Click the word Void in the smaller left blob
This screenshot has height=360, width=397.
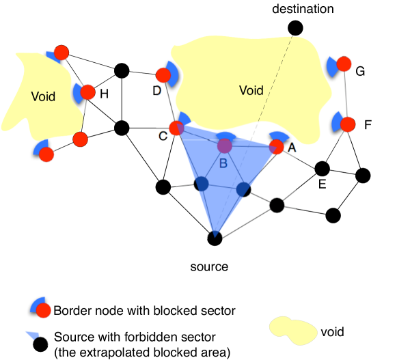pyautogui.click(x=43, y=97)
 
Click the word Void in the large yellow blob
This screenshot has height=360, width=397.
pyautogui.click(x=251, y=90)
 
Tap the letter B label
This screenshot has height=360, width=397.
pyautogui.click(x=223, y=163)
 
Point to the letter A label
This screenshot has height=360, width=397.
pyautogui.click(x=291, y=147)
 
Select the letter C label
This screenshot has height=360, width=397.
pyautogui.click(x=163, y=135)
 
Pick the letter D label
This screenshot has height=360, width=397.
pyautogui.click(x=158, y=90)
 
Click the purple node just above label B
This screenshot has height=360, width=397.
pyautogui.click(x=224, y=146)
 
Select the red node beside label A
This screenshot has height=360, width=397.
pyautogui.click(x=276, y=146)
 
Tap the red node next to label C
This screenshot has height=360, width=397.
pyautogui.click(x=176, y=128)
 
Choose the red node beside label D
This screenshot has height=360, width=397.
pyautogui.click(x=163, y=75)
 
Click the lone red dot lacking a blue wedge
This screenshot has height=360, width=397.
pyautogui.click(x=80, y=139)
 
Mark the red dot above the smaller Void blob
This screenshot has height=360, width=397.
pyautogui.click(x=61, y=53)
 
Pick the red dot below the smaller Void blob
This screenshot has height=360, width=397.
pyautogui.click(x=46, y=154)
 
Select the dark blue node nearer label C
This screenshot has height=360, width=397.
pyautogui.click(x=201, y=184)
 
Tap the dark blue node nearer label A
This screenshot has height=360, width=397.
pyautogui.click(x=243, y=189)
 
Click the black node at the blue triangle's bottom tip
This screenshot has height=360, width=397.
pyautogui.click(x=215, y=237)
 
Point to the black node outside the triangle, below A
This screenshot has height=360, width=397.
pyautogui.click(x=277, y=205)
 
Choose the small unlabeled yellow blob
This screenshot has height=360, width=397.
pyautogui.click(x=294, y=330)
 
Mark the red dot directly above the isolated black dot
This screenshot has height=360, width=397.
pyautogui.click(x=43, y=311)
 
